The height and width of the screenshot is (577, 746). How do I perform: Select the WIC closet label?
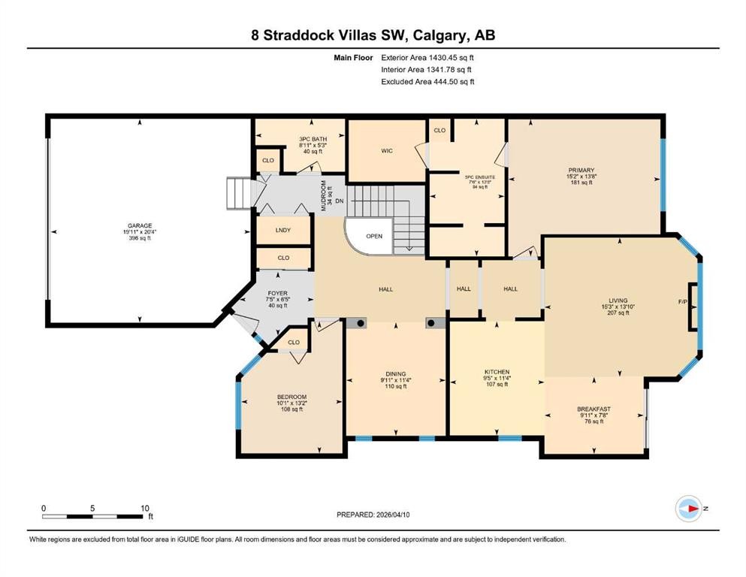coord(387,151)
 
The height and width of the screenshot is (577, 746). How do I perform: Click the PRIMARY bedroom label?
coord(581,170)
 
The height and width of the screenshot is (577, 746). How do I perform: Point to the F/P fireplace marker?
coord(682,302)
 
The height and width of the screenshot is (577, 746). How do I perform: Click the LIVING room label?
coord(618,301)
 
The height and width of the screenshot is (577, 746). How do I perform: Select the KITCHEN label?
coord(497,372)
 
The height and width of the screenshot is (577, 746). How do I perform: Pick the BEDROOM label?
coord(291,397)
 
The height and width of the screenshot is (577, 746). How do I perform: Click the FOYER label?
coord(278,294)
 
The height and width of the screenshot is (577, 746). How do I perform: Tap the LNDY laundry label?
coord(283,231)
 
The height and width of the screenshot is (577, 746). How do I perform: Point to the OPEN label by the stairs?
coord(374,236)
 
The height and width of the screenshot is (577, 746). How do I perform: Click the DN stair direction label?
coord(339,201)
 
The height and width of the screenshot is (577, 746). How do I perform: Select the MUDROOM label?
coord(324,195)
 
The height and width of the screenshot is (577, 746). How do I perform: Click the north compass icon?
coord(689,509)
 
